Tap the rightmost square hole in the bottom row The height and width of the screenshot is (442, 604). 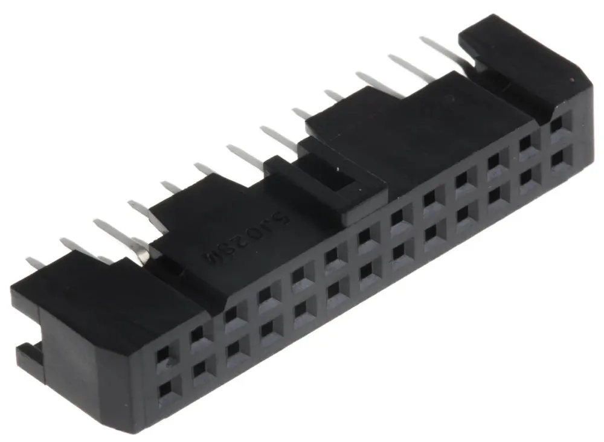point(557,158)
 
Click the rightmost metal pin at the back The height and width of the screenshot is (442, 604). point(441,51)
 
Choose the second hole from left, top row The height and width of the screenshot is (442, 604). point(198,336)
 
